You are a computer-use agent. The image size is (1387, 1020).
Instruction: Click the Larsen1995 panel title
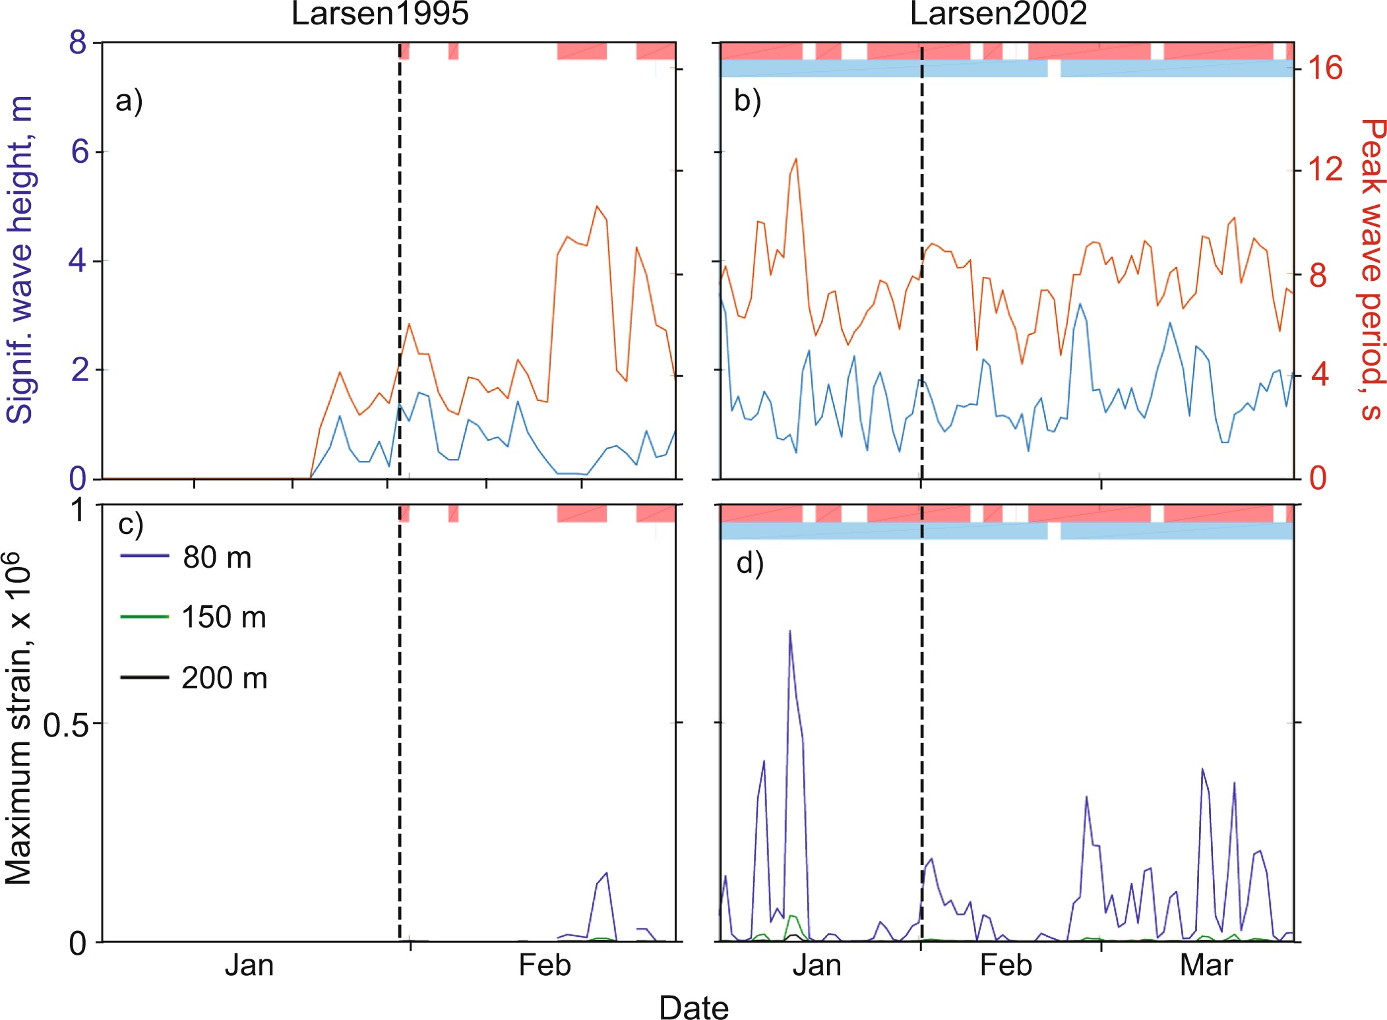click(380, 14)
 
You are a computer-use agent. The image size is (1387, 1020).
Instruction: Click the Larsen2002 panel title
click(998, 14)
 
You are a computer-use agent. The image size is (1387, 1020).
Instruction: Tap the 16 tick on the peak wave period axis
click(1325, 68)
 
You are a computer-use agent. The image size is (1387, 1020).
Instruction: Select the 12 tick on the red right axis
click(1325, 169)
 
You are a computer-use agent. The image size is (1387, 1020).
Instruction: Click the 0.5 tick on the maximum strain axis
click(65, 725)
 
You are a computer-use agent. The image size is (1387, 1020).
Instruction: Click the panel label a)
click(129, 101)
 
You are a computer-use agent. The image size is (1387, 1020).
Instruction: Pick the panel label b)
click(748, 101)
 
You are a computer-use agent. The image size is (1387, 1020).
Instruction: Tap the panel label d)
click(750, 564)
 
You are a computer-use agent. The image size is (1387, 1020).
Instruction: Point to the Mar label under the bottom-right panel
click(1206, 965)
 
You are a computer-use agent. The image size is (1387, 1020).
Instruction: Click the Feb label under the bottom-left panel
click(544, 965)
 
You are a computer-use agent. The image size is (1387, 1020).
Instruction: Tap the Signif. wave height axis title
click(20, 259)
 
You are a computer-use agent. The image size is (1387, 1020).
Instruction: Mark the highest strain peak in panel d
click(789, 631)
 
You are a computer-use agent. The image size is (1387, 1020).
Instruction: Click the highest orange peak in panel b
click(796, 159)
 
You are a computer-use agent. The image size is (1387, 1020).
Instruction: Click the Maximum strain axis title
click(20, 719)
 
